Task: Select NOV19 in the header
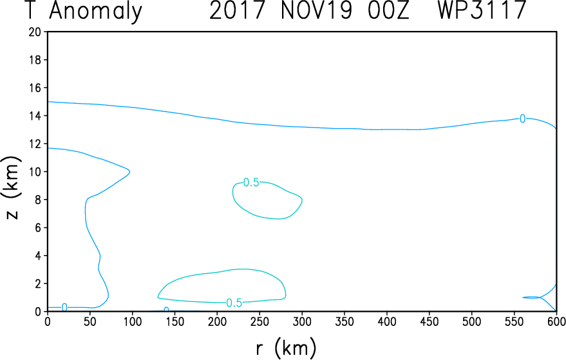tap(317, 12)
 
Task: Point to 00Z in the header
tap(388, 12)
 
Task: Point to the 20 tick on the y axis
tap(36, 32)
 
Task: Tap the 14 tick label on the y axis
tap(36, 116)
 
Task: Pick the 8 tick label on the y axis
tap(39, 200)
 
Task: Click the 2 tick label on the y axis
tap(39, 283)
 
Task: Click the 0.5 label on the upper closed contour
tap(251, 183)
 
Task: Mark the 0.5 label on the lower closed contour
tap(234, 303)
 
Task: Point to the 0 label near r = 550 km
tap(522, 118)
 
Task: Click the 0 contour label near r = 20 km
tap(64, 307)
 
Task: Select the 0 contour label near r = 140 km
tap(166, 310)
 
